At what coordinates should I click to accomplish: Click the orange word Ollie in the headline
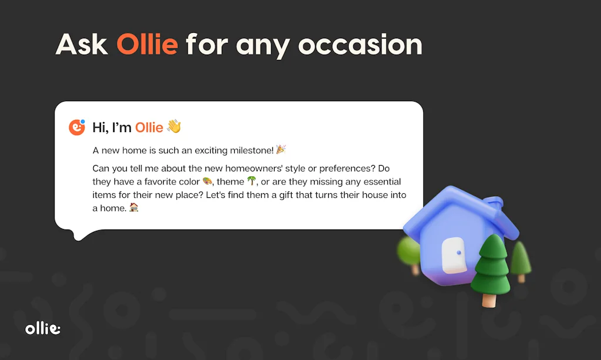[x=147, y=45]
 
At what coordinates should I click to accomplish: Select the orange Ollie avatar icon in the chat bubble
[x=77, y=127]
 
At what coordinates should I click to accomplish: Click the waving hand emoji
[x=174, y=127]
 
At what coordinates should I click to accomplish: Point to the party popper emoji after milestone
[x=281, y=150]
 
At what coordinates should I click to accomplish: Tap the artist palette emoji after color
[x=207, y=181]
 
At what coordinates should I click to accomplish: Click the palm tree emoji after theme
[x=251, y=181]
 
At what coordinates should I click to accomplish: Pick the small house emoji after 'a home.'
[x=134, y=207]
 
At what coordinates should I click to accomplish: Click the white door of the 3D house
[x=454, y=255]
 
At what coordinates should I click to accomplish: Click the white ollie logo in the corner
[x=43, y=329]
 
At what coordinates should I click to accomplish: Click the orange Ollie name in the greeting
[x=149, y=127]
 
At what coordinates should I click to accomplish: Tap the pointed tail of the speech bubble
[x=79, y=235]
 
